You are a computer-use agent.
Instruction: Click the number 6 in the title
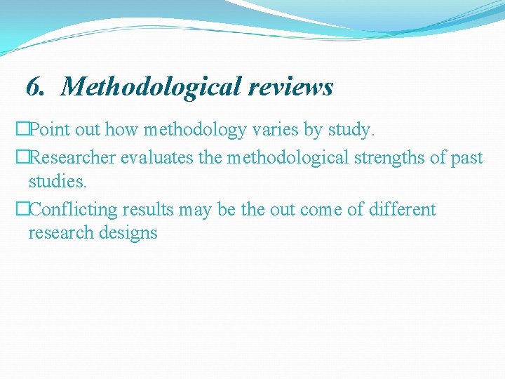click(x=34, y=87)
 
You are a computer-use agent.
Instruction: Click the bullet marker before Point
click(x=22, y=130)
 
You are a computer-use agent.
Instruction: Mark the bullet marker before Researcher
click(x=22, y=158)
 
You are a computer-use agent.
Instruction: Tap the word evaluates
click(x=158, y=158)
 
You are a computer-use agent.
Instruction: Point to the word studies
click(x=58, y=181)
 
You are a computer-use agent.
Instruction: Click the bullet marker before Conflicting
click(x=22, y=210)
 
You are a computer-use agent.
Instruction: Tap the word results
click(x=148, y=210)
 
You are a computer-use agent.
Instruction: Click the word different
click(x=403, y=210)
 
